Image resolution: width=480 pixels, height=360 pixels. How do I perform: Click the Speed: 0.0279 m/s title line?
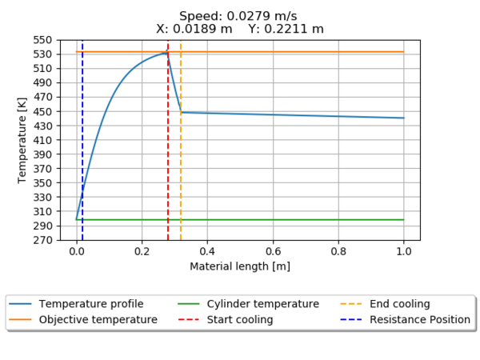tap(239, 16)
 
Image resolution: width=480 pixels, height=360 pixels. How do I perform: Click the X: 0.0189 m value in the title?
tap(195, 29)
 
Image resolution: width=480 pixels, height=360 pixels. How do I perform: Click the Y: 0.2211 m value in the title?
tap(286, 29)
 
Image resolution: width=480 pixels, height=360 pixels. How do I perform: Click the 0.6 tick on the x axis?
tap(273, 251)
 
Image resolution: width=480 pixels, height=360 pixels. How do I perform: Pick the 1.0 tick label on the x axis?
tap(403, 251)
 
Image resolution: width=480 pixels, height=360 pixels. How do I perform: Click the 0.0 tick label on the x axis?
tap(77, 251)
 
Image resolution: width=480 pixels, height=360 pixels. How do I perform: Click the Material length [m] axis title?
tap(240, 266)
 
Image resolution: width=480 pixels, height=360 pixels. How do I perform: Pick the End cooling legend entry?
tap(394, 304)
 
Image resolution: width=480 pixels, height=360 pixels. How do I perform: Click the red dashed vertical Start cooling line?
tap(168, 160)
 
